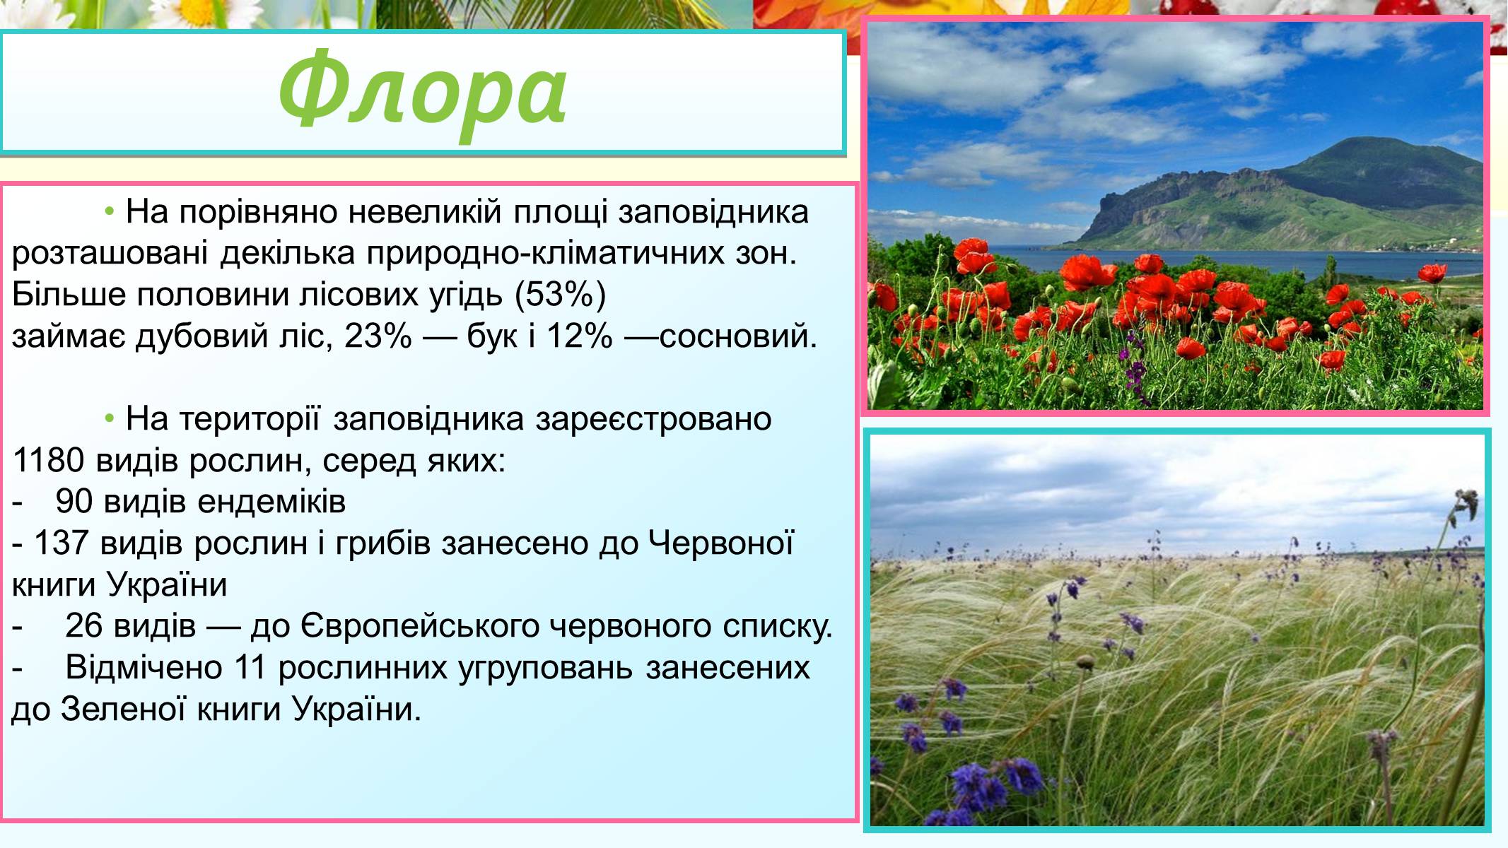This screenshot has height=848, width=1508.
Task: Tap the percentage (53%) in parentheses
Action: click(560, 295)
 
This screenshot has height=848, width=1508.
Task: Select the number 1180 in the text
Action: click(49, 461)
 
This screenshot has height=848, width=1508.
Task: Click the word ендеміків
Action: click(271, 502)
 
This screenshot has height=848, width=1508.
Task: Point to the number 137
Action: click(61, 543)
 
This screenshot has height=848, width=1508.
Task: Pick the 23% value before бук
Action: click(378, 336)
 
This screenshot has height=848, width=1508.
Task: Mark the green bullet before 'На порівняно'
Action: click(110, 212)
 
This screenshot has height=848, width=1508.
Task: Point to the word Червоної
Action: click(721, 543)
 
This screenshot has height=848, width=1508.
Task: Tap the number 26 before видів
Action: click(83, 626)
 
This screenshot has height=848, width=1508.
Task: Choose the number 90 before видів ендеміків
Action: click(74, 502)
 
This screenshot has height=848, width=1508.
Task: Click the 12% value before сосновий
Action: click(579, 336)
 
